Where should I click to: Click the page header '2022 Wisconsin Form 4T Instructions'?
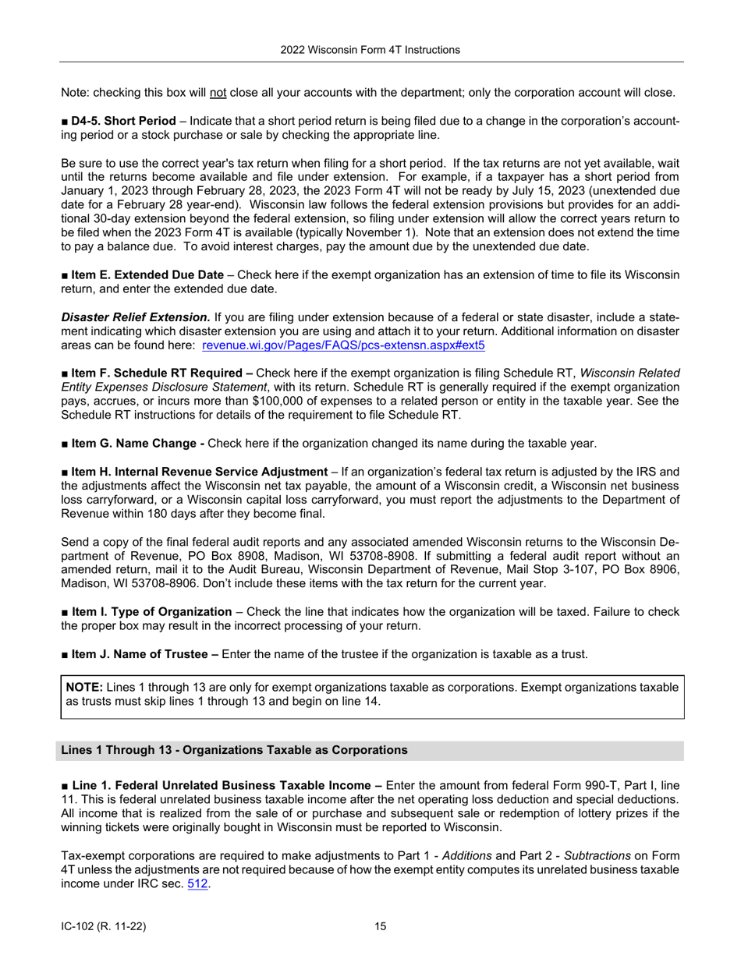click(x=370, y=50)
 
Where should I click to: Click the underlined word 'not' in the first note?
click(x=218, y=92)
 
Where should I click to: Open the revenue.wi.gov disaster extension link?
click(x=343, y=345)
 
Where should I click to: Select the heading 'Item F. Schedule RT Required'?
click(x=155, y=373)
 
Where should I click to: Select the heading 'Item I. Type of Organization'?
click(x=151, y=611)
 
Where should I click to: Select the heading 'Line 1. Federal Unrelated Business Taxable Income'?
click(x=225, y=784)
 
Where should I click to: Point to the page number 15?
click(x=380, y=926)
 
